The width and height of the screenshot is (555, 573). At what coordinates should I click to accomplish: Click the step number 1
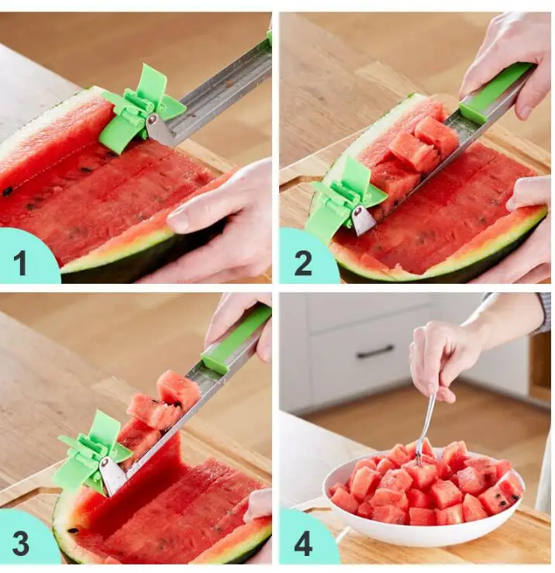pos(20,263)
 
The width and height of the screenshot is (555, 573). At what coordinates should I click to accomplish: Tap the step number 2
pos(303,263)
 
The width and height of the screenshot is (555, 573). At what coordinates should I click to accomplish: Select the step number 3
pos(20,544)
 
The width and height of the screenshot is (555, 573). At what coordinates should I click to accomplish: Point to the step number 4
pos(303,544)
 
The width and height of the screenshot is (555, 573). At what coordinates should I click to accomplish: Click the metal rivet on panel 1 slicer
pos(153,119)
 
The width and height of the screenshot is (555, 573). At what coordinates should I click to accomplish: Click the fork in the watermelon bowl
pos(425,431)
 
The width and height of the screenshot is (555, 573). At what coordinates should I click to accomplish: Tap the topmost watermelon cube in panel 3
pos(178,389)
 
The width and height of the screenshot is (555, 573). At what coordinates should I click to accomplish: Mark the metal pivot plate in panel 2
pos(363,221)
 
